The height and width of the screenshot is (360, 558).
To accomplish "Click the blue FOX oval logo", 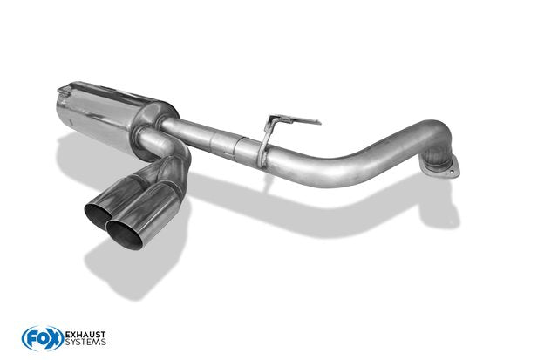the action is pyautogui.click(x=43, y=338).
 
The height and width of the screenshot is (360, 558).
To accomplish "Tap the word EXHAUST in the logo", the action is pyautogui.click(x=85, y=335).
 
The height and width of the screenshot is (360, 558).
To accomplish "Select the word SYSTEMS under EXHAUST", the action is pyautogui.click(x=85, y=343).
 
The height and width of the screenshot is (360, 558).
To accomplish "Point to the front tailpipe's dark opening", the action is pyautogui.click(x=125, y=234).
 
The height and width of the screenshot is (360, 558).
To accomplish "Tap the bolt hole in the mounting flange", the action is pyautogui.click(x=452, y=172).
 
